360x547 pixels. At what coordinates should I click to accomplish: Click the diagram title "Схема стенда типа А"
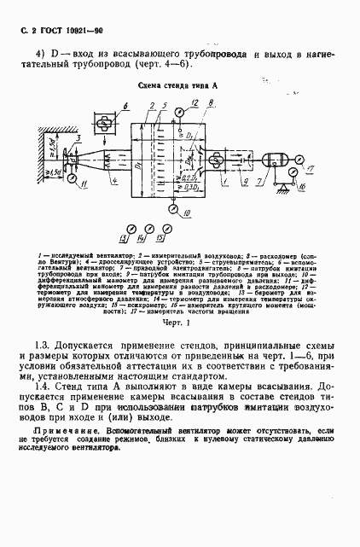click(178, 86)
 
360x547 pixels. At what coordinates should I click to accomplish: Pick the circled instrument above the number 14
click(149, 228)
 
